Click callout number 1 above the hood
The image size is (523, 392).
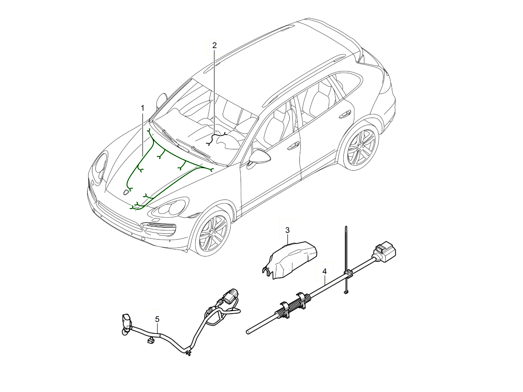point(142,107)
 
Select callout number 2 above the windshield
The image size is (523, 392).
point(214,45)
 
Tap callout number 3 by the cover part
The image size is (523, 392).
point(287,230)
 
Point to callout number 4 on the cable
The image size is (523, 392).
point(324,271)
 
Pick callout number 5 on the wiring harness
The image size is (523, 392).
point(157,319)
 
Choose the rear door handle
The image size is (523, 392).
point(345,114)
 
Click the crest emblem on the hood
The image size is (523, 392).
point(126,192)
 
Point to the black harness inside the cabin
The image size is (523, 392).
point(217,137)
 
